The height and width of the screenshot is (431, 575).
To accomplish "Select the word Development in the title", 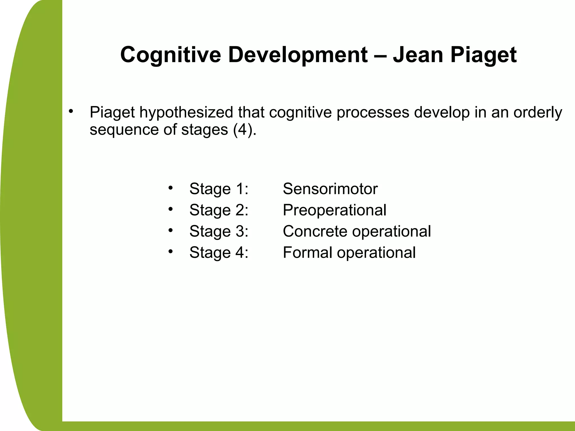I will coord(298,55).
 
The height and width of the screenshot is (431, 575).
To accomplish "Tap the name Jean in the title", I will coord(418,55).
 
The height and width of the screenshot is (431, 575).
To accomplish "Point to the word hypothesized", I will coord(186,113).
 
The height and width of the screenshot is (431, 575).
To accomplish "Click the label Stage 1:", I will coord(219,189).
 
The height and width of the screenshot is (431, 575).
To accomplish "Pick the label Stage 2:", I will coord(219,210).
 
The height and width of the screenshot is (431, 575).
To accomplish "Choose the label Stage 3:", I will coord(219,231).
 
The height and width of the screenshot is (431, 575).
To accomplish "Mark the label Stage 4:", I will coord(219,253).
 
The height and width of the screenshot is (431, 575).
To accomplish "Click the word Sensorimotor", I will coord(330,189).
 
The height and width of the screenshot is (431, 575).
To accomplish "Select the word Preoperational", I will coord(334,210).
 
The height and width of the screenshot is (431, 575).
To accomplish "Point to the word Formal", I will coord(307,253).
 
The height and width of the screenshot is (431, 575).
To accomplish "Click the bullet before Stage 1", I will coord(170,187).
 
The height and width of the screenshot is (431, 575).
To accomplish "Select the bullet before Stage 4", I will coord(170,251).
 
